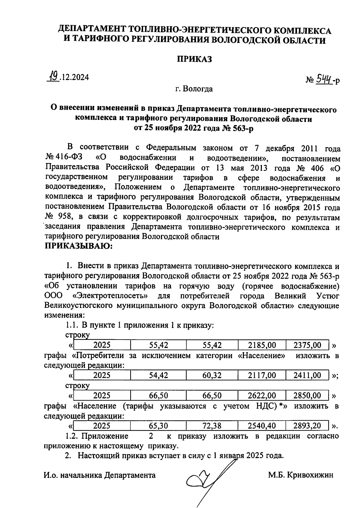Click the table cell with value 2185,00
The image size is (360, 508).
coord(262,345)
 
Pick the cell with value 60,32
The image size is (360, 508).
coord(212,375)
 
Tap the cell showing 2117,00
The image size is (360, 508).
coord(262,375)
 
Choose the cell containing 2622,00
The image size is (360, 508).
coord(262,396)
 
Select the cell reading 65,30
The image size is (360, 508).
coord(158,426)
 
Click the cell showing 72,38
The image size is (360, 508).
coord(212,426)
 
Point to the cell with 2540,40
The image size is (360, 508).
coord(262,426)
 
